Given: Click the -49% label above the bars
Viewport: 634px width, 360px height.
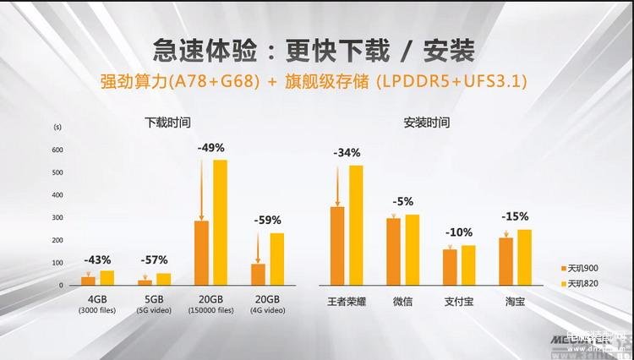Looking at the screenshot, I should [x=210, y=147].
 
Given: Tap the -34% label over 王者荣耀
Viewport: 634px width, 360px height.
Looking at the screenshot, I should [x=347, y=153].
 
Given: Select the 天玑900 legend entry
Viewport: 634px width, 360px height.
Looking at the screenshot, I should [x=582, y=268].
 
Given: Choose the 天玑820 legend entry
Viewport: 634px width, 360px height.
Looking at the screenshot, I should [x=582, y=282].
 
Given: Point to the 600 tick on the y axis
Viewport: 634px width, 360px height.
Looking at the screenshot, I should [x=57, y=150].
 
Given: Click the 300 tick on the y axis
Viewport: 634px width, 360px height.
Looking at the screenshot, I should [x=57, y=218].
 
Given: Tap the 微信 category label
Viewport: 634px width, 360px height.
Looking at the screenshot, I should [x=402, y=302].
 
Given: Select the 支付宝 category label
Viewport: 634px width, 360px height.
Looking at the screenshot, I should [x=459, y=302].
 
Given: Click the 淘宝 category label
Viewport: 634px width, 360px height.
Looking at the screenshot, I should [x=515, y=302].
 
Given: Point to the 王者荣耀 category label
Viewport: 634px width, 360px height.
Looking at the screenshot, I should [x=347, y=302].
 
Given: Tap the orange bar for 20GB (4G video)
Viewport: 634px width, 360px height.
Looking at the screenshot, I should [x=259, y=274].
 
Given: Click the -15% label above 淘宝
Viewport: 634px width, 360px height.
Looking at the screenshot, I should [x=515, y=217].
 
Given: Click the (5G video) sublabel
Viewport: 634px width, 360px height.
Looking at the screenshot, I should [x=154, y=311].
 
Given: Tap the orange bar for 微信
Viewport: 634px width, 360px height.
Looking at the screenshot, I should [x=393, y=251].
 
